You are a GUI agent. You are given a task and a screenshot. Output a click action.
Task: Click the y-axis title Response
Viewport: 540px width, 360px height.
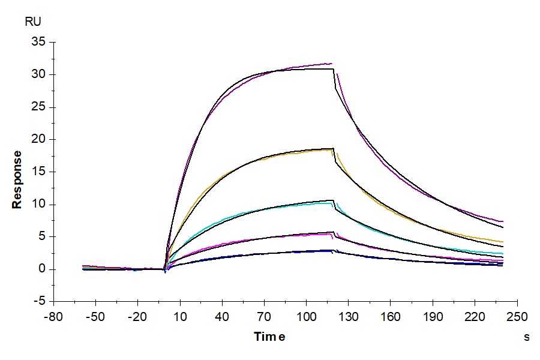pyautogui.click(x=17, y=179)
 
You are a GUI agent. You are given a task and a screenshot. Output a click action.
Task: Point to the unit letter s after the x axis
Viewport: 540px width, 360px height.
pyautogui.click(x=527, y=337)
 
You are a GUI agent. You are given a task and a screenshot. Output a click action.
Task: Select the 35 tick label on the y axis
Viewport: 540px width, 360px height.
pyautogui.click(x=39, y=42)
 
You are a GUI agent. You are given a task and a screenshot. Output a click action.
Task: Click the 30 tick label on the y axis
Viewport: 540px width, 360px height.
pyautogui.click(x=39, y=74)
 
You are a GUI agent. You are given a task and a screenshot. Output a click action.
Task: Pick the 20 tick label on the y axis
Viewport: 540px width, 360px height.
pyautogui.click(x=39, y=139)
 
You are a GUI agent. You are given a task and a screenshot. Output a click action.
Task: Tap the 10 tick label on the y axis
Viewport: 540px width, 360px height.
pyautogui.click(x=39, y=204)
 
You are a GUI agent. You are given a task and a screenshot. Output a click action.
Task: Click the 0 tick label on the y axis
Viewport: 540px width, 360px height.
pyautogui.click(x=42, y=269)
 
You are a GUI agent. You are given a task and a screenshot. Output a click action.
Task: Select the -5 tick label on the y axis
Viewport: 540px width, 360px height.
pyautogui.click(x=39, y=301)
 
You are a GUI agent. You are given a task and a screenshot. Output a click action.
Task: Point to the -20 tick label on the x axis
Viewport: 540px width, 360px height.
pyautogui.click(x=137, y=316)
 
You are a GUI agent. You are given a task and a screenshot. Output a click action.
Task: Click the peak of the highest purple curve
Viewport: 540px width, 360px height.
pyautogui.click(x=331, y=63)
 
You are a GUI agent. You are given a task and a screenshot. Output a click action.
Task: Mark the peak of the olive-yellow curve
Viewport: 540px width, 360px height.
pyautogui.click(x=332, y=149)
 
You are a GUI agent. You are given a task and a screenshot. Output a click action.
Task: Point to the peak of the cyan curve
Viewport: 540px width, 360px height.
pyautogui.click(x=332, y=203)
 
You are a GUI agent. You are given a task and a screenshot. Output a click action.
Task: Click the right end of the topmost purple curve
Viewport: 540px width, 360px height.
pyautogui.click(x=503, y=221)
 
